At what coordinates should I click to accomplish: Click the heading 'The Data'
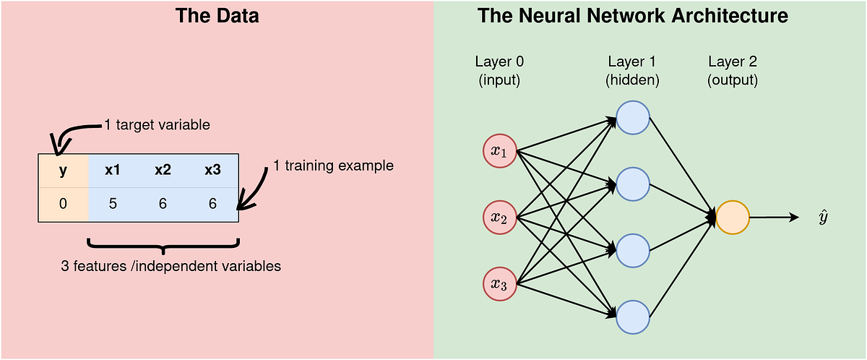[x=217, y=16]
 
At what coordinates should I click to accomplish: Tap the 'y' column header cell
[x=63, y=171]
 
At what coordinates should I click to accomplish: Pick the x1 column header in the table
[x=113, y=171]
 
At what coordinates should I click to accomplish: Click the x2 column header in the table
[x=163, y=171]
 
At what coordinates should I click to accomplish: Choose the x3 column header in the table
[x=212, y=171]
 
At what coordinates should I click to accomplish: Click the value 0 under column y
[x=63, y=204]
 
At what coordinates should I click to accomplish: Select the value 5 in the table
[x=113, y=204]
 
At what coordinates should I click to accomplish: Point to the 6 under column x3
[x=212, y=204]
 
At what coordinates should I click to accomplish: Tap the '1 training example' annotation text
[x=333, y=166]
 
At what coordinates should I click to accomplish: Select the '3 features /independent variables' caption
[x=171, y=266]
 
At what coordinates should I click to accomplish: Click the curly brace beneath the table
[x=163, y=246]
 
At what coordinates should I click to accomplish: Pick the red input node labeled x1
[x=499, y=150]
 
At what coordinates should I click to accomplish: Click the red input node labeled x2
[x=499, y=217]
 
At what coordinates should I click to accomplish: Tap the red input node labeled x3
[x=499, y=283]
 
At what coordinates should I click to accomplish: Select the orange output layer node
[x=732, y=217]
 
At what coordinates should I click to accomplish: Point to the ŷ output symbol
[x=822, y=218]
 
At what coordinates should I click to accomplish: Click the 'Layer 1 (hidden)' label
[x=632, y=71]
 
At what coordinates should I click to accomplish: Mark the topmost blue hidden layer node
[x=633, y=117]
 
